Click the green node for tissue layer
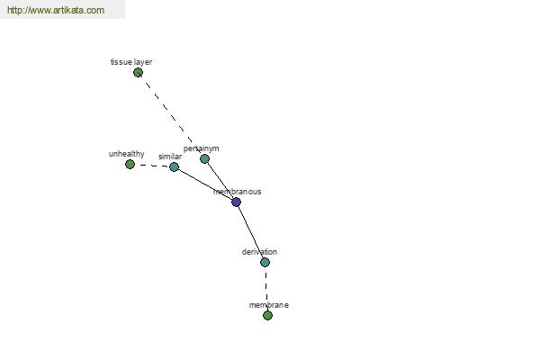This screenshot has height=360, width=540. tap(138, 73)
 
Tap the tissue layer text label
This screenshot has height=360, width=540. tap(131, 62)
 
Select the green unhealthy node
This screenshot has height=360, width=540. tap(130, 165)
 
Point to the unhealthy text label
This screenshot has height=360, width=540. tap(126, 154)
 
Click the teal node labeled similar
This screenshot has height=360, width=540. tap(174, 167)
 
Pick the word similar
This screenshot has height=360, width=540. tap(170, 157)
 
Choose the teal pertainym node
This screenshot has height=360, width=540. tap(204, 158)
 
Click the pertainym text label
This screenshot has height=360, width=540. tap(201, 148)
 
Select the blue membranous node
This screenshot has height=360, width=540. tap(236, 202)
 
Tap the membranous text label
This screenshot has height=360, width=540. tap(237, 192)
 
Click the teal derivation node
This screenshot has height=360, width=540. tap(265, 263)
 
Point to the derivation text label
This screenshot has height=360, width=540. tap(259, 252)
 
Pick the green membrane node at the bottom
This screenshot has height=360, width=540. tap(267, 316)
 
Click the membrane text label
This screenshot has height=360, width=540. tap(268, 305)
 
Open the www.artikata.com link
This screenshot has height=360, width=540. tap(56, 10)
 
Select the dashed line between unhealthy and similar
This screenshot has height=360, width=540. tap(152, 166)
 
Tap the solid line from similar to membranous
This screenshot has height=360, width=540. tap(205, 184)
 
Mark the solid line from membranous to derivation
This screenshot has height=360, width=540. tap(250, 232)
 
